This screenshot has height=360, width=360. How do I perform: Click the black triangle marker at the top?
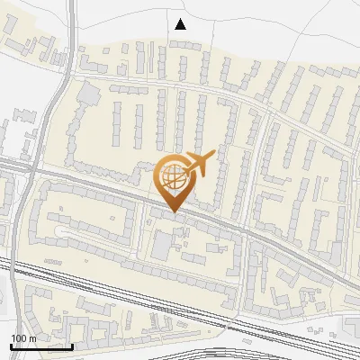(x=180, y=24)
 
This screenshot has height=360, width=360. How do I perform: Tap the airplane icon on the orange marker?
(x=200, y=164)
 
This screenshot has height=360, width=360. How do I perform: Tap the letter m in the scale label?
(x=33, y=338)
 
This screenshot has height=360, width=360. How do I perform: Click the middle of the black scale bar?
(x=41, y=346)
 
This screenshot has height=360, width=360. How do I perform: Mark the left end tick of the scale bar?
(x=11, y=345)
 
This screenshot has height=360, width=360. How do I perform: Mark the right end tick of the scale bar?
(x=72, y=345)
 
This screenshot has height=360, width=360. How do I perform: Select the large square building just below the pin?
(x=164, y=244)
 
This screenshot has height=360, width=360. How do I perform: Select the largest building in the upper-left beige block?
(x=88, y=92)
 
